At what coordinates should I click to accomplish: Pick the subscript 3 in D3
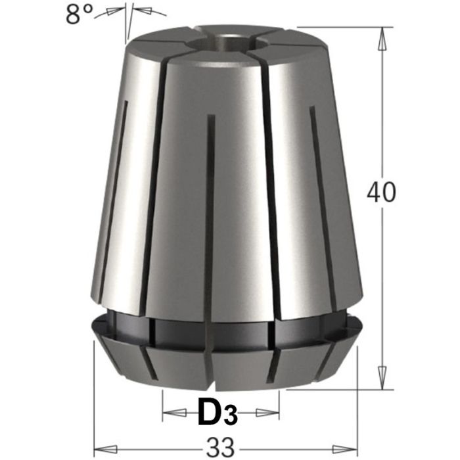(x=228, y=417)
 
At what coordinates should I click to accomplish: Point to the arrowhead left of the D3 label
(x=172, y=413)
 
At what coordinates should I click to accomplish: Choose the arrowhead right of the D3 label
(x=269, y=413)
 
